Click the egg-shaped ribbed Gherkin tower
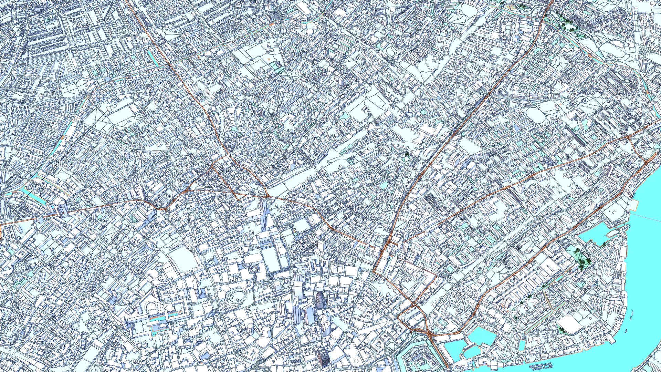click(x=320, y=302)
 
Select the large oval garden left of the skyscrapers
click(x=237, y=295)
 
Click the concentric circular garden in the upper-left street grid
click(x=123, y=32)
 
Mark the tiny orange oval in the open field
click(x=268, y=59)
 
